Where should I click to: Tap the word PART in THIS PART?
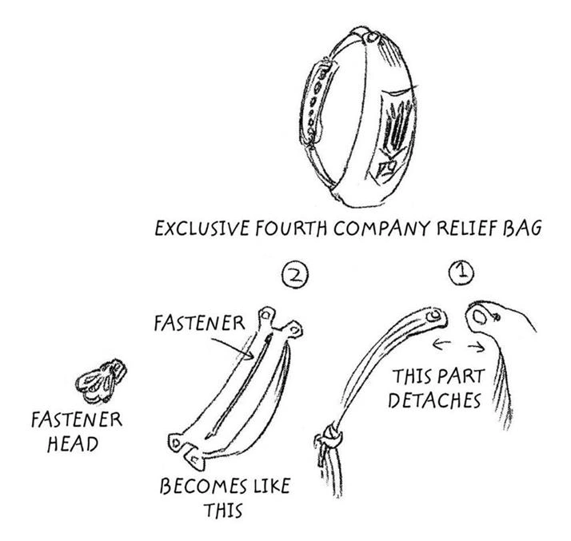point(460,376)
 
